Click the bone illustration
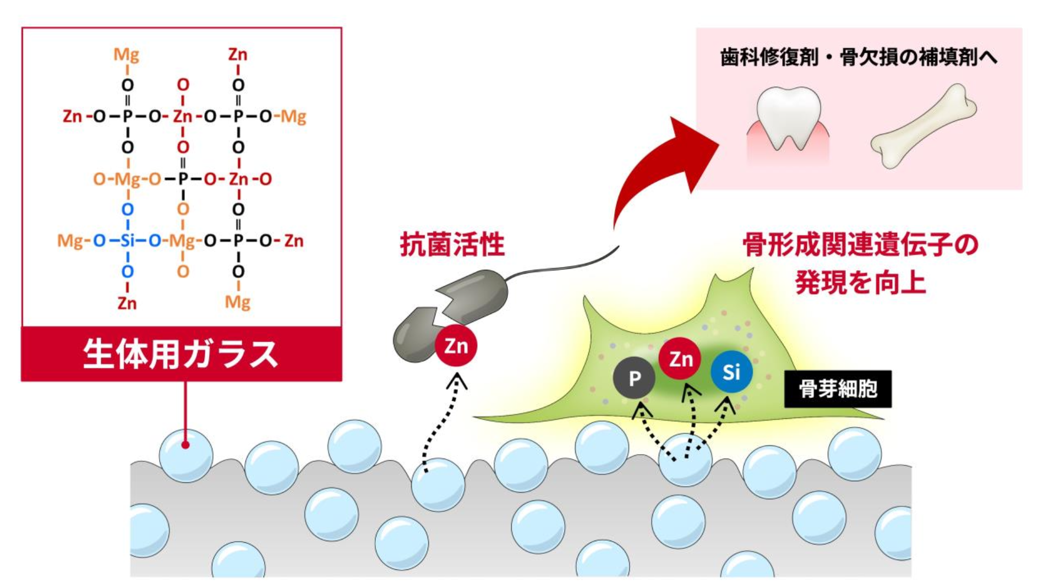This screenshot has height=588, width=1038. coord(923,126)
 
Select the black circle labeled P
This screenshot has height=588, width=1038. coord(634,378)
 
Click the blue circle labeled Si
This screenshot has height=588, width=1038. coord(731,372)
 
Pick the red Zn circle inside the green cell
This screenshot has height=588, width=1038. coord(680,359)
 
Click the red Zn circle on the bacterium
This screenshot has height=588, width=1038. coord(456,346)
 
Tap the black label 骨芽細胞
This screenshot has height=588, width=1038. coord(837,389)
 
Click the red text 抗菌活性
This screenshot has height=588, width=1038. coord(452,244)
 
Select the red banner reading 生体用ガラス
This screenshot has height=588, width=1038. coord(181,353)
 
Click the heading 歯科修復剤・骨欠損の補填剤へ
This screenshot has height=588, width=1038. coord(859,57)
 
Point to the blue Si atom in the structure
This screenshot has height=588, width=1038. coord(127,241)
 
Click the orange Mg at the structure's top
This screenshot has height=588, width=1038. coord(127,55)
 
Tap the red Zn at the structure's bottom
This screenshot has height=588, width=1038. coord(127,303)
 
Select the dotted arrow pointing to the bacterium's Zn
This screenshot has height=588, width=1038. coord(440,424)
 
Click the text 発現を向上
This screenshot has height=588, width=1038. coord(860,282)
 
